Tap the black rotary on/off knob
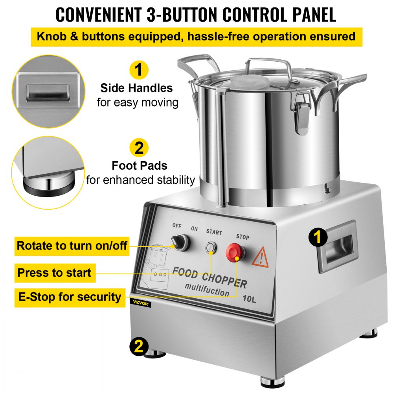point(181,242)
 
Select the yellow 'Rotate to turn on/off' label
point(72,246)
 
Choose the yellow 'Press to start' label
point(54,272)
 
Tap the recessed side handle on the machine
point(337,247)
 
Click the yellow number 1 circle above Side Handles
point(138,70)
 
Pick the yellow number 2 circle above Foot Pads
point(138,148)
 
